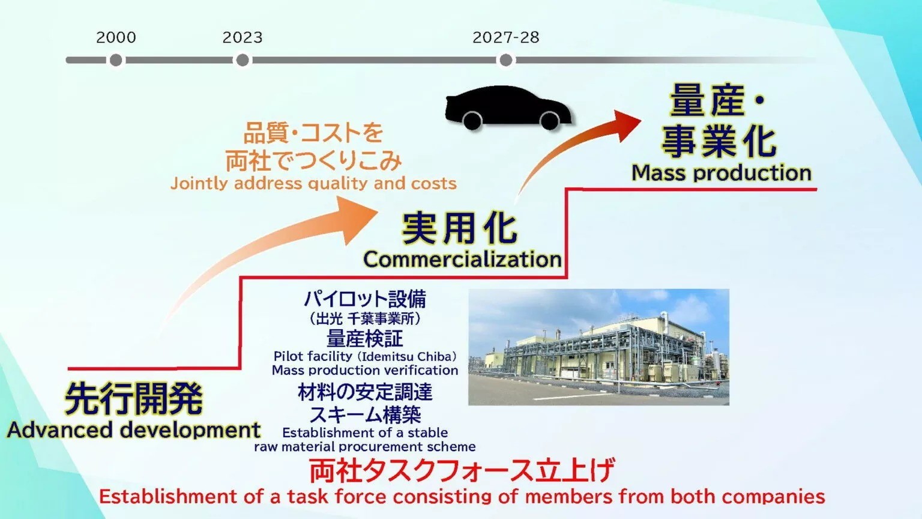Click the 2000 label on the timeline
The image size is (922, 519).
(116, 37)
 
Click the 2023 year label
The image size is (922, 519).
(243, 37)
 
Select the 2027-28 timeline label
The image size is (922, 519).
(505, 37)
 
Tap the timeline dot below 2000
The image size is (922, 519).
(116, 60)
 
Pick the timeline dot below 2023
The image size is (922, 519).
(243, 60)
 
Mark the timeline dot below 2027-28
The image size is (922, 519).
(506, 60)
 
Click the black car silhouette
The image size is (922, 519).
(507, 105)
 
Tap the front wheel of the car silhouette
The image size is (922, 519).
(549, 120)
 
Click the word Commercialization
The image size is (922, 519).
(462, 259)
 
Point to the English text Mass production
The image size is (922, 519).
(722, 173)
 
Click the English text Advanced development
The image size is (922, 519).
(133, 430)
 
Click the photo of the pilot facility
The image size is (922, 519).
(598, 347)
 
